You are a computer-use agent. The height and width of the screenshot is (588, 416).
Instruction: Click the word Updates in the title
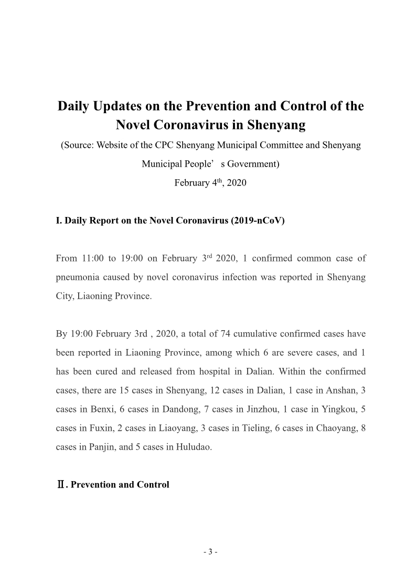tap(119, 106)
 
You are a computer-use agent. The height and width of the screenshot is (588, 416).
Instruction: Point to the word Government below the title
tap(252, 164)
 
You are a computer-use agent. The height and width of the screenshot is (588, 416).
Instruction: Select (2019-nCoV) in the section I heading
tap(258, 221)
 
